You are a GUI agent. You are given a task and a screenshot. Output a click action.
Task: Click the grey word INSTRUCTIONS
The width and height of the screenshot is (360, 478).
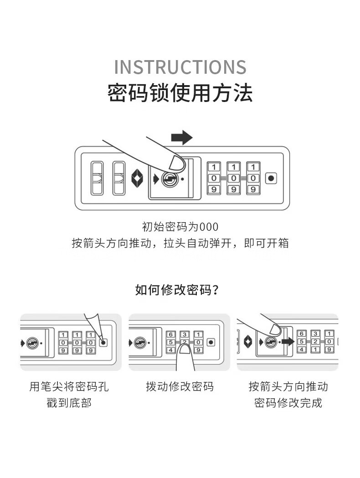click(180, 67)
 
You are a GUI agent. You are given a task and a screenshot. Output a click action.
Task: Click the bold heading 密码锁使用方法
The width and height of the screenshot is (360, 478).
click(180, 93)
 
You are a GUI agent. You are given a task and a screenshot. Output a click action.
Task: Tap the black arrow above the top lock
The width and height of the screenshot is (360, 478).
click(182, 137)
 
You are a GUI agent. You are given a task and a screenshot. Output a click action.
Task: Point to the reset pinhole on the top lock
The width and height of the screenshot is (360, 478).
click(271, 178)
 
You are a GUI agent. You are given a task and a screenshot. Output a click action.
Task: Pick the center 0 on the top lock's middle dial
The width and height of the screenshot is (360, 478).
click(233, 178)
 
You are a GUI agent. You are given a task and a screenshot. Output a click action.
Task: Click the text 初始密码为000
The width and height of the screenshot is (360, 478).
click(180, 227)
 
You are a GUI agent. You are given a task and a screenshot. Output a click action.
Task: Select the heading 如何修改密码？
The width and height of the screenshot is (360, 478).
click(180, 290)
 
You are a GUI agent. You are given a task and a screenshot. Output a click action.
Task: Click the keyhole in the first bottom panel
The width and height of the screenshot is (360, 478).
click(32, 343)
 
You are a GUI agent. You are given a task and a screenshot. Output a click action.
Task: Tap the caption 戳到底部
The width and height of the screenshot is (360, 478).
click(69, 403)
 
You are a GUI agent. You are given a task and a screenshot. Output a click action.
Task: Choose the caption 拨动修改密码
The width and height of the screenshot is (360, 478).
click(180, 387)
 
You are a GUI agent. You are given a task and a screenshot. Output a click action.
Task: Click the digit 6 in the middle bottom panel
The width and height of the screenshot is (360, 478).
click(171, 335)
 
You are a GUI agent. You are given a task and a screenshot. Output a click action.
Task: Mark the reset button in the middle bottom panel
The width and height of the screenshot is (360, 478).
click(211, 342)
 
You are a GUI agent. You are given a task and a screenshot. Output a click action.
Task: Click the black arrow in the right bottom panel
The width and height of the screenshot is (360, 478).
click(288, 341)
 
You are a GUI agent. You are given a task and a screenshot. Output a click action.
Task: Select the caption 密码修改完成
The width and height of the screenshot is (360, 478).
click(288, 403)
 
